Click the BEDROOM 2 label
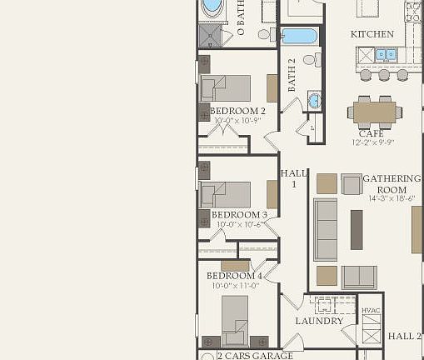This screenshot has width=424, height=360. click(237, 111)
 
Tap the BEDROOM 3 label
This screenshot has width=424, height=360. click(238, 214)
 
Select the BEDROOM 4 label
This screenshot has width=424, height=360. click(234, 276)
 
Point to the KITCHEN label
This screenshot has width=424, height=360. click(372, 34)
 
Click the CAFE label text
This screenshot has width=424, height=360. click(371, 133)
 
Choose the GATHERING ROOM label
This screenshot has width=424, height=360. click(392, 184)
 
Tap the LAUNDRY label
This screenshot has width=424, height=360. click(319, 321)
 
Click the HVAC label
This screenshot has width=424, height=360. click(371, 311)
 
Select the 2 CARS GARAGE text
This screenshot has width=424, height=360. click(255, 356)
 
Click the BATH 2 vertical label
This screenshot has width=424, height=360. click(292, 76)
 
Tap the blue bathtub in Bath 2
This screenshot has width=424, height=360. click(298, 36)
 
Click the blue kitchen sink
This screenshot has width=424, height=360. click(385, 55)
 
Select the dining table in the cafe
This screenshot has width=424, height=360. click(375, 111)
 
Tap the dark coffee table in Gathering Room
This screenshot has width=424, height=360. click(357, 229)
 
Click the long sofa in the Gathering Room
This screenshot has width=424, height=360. click(326, 229)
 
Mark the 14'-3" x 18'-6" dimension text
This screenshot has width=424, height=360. click(392, 199)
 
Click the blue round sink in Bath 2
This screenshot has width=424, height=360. click(314, 101)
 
